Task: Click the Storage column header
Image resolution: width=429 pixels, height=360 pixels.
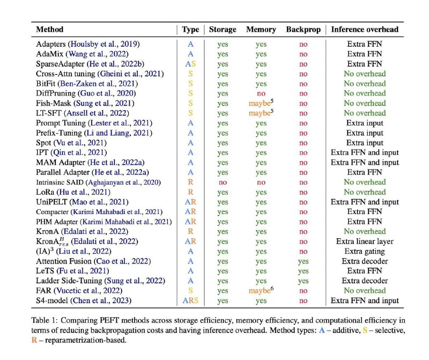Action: [x=223, y=30]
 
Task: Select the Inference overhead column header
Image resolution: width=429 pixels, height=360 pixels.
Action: [x=365, y=30]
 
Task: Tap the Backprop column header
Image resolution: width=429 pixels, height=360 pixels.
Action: [x=303, y=30]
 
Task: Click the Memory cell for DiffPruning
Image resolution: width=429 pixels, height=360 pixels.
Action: [x=261, y=94]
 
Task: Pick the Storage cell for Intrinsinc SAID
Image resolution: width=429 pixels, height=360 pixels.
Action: [x=223, y=182]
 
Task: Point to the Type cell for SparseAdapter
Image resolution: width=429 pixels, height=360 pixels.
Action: [x=190, y=64]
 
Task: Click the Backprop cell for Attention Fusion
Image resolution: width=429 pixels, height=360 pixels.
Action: [x=303, y=262]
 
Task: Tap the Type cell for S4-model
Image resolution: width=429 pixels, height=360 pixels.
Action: [x=190, y=300]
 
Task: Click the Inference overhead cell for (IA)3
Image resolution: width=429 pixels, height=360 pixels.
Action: [x=365, y=251]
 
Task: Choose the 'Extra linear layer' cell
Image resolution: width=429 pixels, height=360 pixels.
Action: [x=365, y=241]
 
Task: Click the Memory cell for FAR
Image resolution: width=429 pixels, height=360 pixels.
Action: [x=261, y=290]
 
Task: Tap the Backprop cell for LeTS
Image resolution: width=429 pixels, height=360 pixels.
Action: [x=303, y=271]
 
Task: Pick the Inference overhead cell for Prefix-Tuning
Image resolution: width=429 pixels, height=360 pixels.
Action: [x=365, y=133]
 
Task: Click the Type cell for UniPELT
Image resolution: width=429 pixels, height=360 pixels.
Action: [x=190, y=202]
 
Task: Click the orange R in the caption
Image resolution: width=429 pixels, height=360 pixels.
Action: [x=34, y=340]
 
